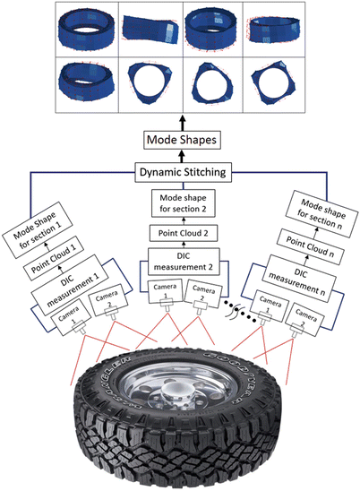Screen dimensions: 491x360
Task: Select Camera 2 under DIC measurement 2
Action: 203,291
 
